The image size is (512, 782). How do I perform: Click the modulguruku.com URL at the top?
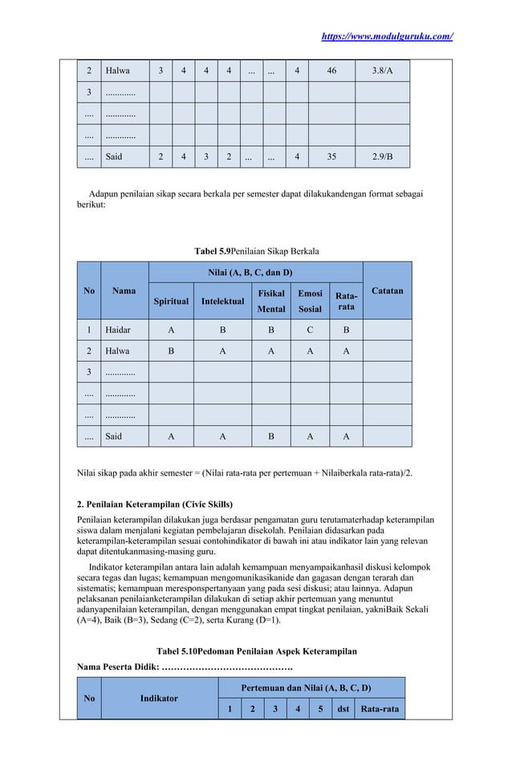[x=386, y=37]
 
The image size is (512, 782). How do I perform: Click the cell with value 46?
[x=331, y=71]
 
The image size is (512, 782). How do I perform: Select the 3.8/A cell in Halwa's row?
[x=382, y=71]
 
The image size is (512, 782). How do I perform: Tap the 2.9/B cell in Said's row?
[x=382, y=156]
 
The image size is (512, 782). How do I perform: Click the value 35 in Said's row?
[x=331, y=156]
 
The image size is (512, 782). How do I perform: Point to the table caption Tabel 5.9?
[x=256, y=252]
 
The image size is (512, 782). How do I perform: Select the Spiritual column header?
[x=171, y=302]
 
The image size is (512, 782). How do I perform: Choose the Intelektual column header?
[x=223, y=302]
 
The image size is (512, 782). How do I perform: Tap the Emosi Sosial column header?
[x=310, y=302]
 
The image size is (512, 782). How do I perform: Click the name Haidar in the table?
[x=118, y=329]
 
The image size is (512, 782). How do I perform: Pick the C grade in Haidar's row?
[x=310, y=329]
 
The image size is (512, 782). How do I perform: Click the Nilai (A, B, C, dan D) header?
[x=256, y=273]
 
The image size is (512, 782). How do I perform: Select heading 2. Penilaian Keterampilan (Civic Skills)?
[x=154, y=504]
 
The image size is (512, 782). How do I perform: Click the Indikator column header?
[x=159, y=699]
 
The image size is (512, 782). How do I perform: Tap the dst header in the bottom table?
[x=343, y=709]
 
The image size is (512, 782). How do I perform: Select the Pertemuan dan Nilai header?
[x=311, y=687]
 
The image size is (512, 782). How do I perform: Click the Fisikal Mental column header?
[x=270, y=302]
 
